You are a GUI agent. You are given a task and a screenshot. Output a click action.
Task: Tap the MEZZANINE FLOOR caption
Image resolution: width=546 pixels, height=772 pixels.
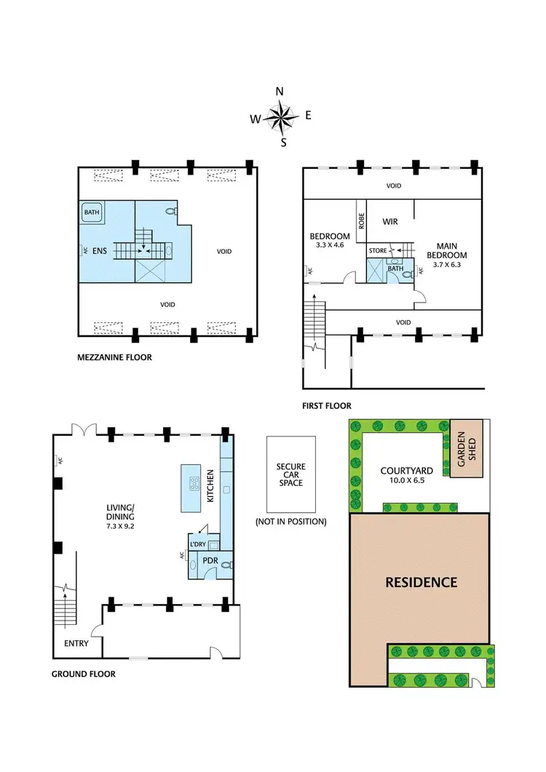(x=114, y=358)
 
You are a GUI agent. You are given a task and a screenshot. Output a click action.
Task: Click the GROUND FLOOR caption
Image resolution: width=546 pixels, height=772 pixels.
(x=83, y=674)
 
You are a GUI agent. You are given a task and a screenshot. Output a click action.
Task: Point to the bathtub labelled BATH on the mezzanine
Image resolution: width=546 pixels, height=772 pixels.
(x=92, y=213)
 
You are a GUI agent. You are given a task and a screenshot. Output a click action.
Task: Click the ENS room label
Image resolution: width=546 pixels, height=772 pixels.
(x=100, y=252)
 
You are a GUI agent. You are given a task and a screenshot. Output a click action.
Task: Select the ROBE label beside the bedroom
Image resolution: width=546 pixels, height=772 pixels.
(x=360, y=222)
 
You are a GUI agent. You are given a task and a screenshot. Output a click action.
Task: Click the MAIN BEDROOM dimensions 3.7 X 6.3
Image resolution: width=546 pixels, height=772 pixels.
(x=446, y=265)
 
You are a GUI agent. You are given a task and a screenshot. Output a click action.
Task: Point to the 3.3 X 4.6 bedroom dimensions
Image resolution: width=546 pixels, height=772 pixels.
(x=324, y=246)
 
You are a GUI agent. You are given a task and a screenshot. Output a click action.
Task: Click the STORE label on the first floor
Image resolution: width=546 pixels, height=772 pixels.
(x=379, y=251)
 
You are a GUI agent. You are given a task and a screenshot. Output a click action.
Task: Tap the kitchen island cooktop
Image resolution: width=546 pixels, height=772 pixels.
(x=195, y=482)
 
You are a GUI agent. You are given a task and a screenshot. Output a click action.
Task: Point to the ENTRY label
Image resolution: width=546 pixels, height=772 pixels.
(x=76, y=643)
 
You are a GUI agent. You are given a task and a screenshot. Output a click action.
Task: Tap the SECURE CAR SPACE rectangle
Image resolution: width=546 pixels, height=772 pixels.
(x=291, y=473)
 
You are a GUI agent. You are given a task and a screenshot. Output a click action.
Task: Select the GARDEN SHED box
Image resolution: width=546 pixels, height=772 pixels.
(x=465, y=448)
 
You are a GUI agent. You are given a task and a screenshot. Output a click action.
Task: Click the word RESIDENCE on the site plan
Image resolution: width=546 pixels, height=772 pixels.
(x=422, y=582)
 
